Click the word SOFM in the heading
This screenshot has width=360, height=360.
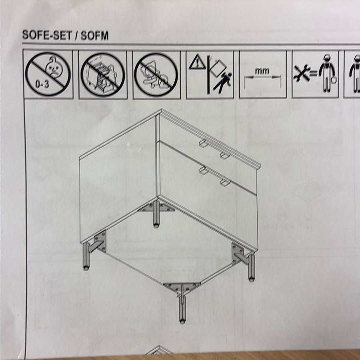click(x=94, y=36)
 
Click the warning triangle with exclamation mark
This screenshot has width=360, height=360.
click(x=197, y=62)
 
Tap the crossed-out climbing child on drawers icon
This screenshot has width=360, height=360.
click(x=103, y=75)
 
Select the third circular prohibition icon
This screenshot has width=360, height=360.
click(x=156, y=75)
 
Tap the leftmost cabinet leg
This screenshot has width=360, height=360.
click(x=86, y=256)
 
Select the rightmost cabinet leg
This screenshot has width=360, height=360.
click(x=252, y=268)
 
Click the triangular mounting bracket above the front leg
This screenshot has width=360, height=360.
click(x=181, y=287)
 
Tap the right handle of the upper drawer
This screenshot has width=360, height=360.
click(x=225, y=155)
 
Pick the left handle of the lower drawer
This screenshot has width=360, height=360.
click(x=204, y=170)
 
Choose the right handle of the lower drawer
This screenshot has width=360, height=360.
click(x=225, y=182)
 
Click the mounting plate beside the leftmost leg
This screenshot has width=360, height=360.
click(x=100, y=241)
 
